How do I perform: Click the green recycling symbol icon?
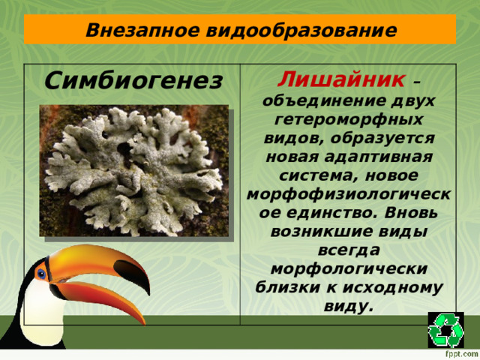point(446,330)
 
